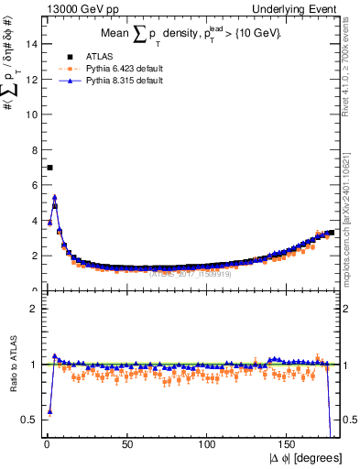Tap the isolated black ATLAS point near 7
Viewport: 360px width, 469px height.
(49, 168)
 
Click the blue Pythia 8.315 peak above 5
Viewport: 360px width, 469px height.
(55, 197)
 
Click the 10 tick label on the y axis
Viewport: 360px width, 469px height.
(32, 115)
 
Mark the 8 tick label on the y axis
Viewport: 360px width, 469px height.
(34, 150)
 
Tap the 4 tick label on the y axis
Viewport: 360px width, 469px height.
(34, 221)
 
